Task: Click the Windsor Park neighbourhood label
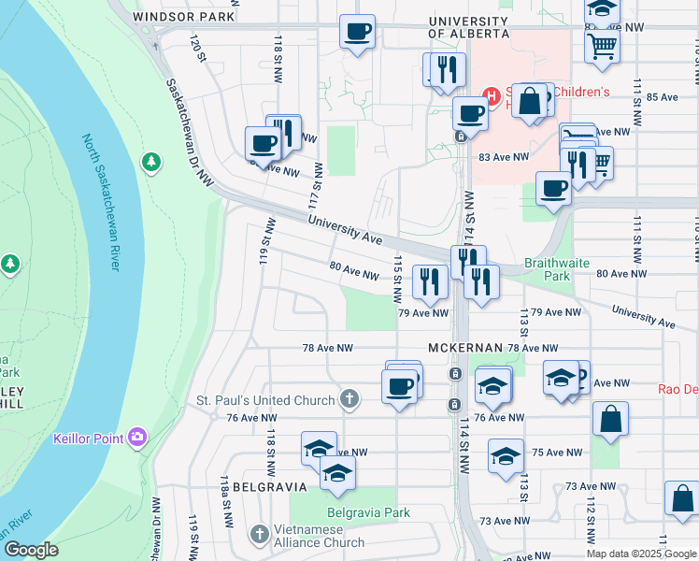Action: (184, 17)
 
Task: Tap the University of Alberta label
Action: (468, 26)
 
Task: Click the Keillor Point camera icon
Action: (138, 436)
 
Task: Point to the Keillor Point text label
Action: (92, 437)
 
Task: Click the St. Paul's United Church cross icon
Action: (349, 400)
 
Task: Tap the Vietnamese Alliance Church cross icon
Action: (260, 534)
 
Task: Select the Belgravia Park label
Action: (368, 512)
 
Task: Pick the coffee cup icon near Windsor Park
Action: (357, 31)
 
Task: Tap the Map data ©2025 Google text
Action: (641, 553)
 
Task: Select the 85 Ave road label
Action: (661, 96)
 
